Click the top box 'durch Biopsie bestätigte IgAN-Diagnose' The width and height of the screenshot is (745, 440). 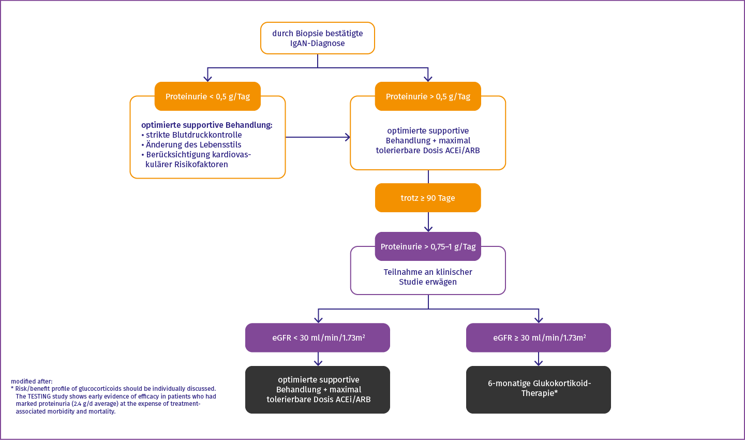(317, 38)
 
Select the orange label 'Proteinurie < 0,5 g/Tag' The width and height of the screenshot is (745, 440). (207, 97)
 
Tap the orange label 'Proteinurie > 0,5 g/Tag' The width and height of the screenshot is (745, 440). (428, 97)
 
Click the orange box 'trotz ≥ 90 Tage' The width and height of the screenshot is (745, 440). (428, 198)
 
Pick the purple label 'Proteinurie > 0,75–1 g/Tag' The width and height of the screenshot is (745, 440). (428, 247)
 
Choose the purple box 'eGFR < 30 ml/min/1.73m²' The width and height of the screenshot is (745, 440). (318, 338)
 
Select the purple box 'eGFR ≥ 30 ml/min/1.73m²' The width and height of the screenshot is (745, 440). (539, 338)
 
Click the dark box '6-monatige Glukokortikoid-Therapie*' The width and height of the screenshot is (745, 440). (539, 390)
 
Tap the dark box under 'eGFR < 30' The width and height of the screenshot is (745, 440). (318, 390)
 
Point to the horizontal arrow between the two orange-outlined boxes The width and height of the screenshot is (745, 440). (318, 137)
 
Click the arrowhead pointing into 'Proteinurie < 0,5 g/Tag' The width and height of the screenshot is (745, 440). (207, 78)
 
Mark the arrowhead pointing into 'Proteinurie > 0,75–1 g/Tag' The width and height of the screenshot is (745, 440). (428, 228)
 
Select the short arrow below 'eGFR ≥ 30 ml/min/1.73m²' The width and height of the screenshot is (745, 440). (539, 360)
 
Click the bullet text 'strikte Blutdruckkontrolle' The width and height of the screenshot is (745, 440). (193, 135)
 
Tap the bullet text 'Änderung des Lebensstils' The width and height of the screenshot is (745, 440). (193, 145)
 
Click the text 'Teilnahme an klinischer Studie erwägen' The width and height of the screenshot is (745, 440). (428, 277)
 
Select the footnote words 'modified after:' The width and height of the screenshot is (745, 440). (32, 382)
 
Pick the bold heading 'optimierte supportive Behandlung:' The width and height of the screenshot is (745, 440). (206, 125)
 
